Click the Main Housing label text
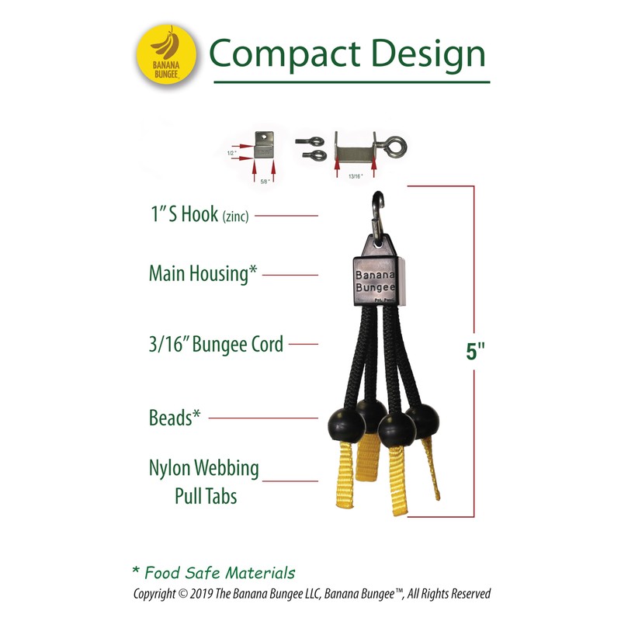(x=202, y=273)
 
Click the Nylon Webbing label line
(x=204, y=469)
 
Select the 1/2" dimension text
(x=231, y=153)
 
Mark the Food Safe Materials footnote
(x=213, y=573)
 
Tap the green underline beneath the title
(x=352, y=82)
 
